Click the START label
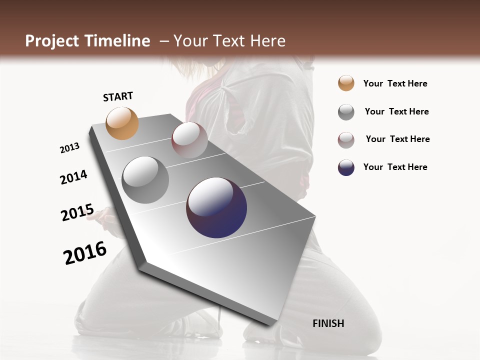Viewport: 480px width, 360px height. pyautogui.click(x=118, y=96)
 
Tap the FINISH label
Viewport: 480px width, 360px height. pyautogui.click(x=328, y=323)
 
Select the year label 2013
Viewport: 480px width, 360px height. pyautogui.click(x=69, y=148)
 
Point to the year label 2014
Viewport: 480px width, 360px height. pyautogui.click(x=73, y=177)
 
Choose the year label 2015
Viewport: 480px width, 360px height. pyautogui.click(x=77, y=212)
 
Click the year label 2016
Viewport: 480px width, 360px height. pyautogui.click(x=85, y=253)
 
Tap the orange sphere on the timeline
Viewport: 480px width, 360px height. pyautogui.click(x=122, y=123)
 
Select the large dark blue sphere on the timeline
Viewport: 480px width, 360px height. pyautogui.click(x=216, y=207)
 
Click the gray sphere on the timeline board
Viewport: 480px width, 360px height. pyautogui.click(x=145, y=180)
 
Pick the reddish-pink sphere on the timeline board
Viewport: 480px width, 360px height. pyautogui.click(x=189, y=140)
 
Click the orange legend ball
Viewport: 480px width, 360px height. pyautogui.click(x=346, y=83)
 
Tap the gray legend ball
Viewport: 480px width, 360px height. pyautogui.click(x=346, y=112)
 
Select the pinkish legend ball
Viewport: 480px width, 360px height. pyautogui.click(x=346, y=140)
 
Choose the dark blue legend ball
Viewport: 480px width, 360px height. pyautogui.click(x=346, y=167)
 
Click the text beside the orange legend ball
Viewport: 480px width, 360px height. pyautogui.click(x=395, y=83)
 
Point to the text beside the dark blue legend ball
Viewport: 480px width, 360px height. pyautogui.click(x=395, y=167)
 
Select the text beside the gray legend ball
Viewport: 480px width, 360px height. pyautogui.click(x=396, y=111)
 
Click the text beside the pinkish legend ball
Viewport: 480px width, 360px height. pyautogui.click(x=397, y=139)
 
